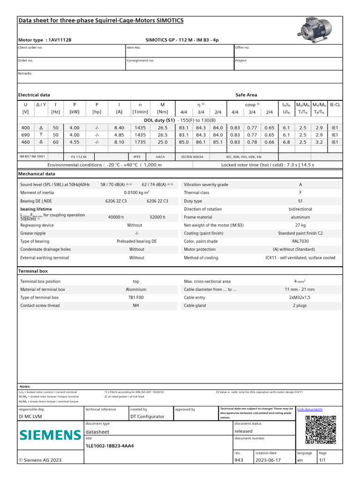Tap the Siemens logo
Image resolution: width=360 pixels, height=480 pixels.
pos(50,435)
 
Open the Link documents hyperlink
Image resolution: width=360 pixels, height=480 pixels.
pos(310,409)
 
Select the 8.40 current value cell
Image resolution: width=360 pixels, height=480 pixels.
pos(119,128)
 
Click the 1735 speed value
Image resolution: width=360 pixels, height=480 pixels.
pos(137,142)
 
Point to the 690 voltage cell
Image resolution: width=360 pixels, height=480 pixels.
pos(25,135)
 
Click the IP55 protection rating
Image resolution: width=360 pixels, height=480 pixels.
pos(137,157)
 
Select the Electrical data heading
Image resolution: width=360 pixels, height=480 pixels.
pos(34,95)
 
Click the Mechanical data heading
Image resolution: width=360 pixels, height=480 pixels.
pos(37,174)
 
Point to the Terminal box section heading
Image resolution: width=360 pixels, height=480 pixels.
pos(33,271)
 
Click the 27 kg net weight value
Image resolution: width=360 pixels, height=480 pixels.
pos(300,225)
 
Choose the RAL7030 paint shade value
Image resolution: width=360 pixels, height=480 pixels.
pos(300,241)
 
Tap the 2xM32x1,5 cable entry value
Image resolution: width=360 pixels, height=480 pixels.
pos(300,298)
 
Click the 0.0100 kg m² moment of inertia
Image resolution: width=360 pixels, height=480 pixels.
pos(136,193)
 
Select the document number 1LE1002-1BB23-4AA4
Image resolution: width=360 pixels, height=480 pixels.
pos(110,446)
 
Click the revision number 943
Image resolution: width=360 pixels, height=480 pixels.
pos(238,460)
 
